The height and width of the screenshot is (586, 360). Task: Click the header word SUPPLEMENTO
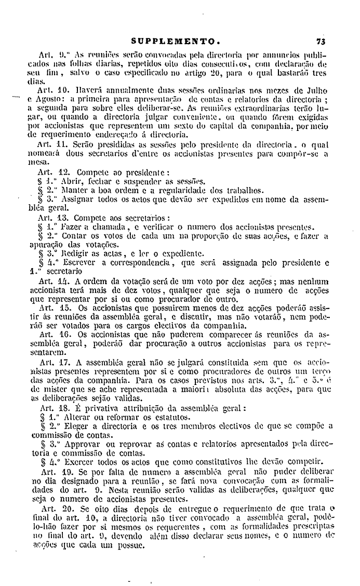177,41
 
